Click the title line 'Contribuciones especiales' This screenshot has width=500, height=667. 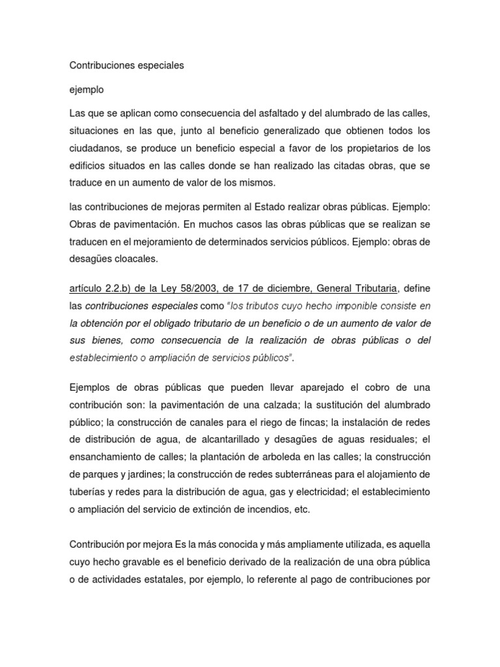[x=126, y=66]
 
